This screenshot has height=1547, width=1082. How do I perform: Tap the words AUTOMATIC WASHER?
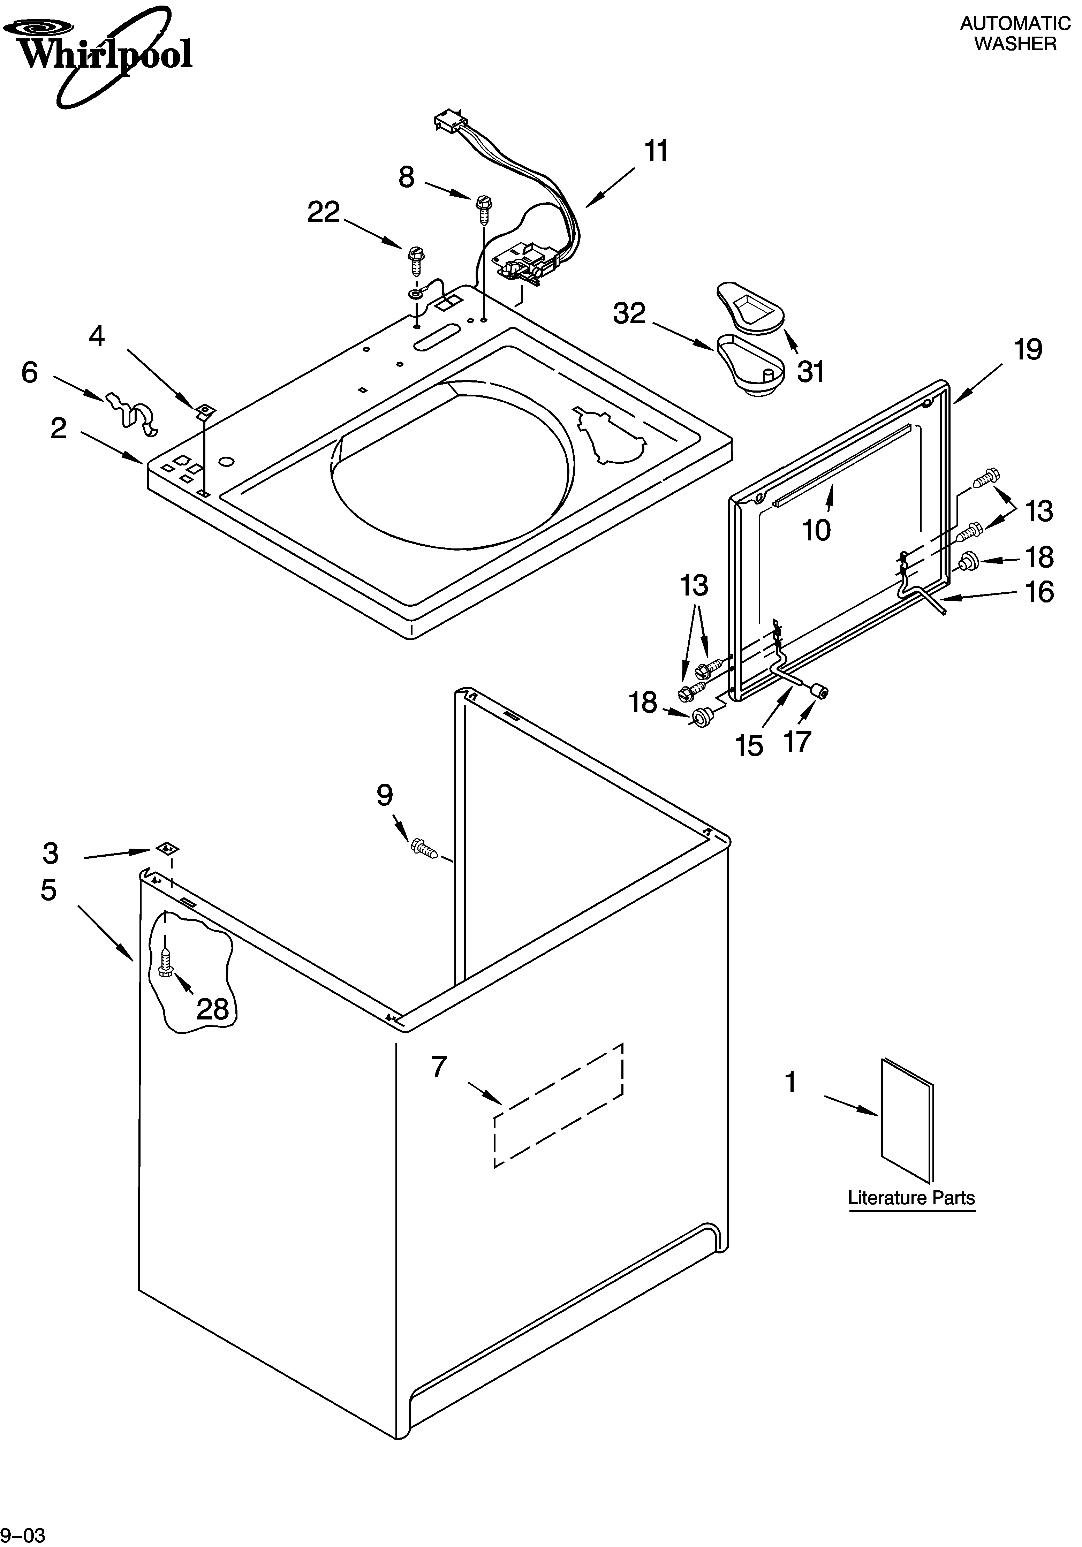pos(1015,34)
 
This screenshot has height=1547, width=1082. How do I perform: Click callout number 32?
pos(629,313)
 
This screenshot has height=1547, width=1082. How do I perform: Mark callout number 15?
pos(749,746)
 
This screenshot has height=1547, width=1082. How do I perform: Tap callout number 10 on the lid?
pos(817,530)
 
